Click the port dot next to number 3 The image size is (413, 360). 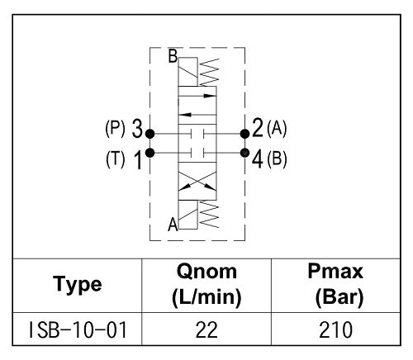(150, 134)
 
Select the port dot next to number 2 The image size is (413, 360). (244, 134)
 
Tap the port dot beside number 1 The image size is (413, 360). (150, 153)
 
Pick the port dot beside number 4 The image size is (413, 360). (244, 153)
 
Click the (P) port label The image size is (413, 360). (115, 129)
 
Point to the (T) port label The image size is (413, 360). (116, 159)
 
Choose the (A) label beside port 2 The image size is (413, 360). (277, 129)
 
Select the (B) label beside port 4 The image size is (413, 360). (277, 159)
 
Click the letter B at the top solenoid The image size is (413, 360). (173, 56)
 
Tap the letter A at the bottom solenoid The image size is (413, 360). (173, 224)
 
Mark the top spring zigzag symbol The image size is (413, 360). (209, 72)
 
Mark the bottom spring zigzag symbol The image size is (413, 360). (209, 214)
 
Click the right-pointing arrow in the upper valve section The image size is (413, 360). (197, 96)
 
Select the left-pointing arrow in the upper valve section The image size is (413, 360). (197, 115)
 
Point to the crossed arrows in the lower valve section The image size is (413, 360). (197, 181)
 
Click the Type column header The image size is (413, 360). (78, 285)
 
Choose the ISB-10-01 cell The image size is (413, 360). (78, 330)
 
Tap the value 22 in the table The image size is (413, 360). (206, 330)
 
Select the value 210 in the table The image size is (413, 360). (335, 330)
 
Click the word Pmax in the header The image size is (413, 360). (335, 272)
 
